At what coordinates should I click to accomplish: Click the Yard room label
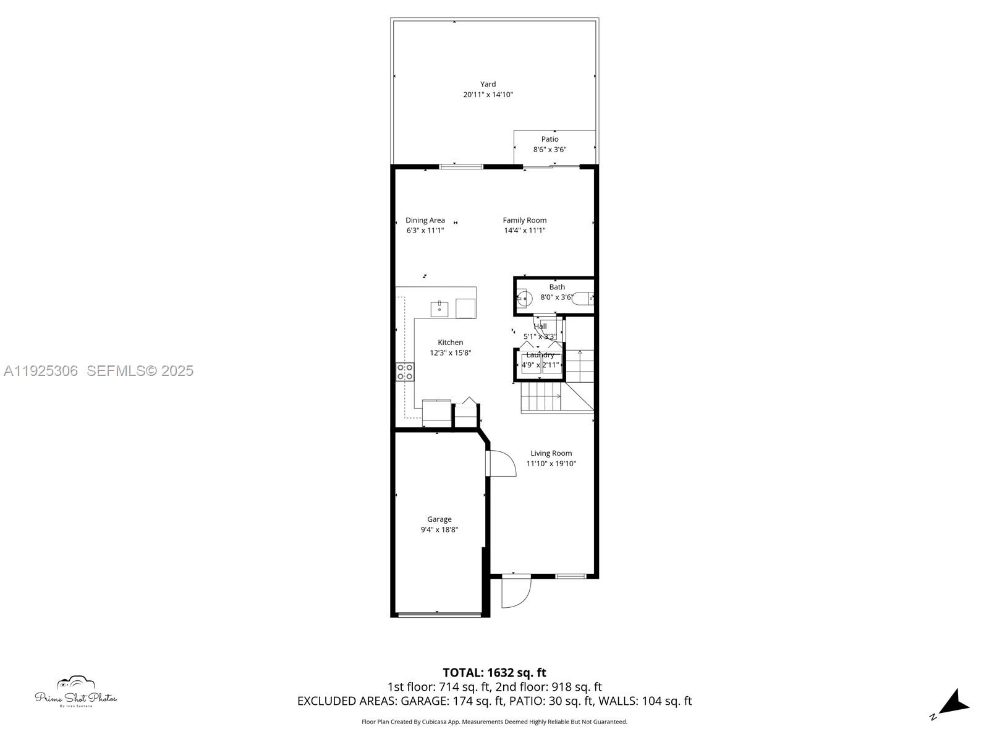pos(488,84)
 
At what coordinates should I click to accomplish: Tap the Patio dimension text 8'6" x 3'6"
pos(550,150)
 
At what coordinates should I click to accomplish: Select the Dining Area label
pos(425,220)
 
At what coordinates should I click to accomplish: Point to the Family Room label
pos(524,220)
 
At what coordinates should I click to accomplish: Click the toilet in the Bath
pos(582,299)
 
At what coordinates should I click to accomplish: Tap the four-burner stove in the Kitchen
pos(405,372)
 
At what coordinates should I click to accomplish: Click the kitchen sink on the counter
pos(439,308)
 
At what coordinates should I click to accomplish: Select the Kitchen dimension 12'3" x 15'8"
pos(451,353)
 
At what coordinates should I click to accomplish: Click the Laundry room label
pos(540,355)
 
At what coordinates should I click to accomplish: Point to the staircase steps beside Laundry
pos(541,396)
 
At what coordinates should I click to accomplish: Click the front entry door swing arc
pos(516,592)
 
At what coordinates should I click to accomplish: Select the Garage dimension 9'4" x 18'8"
pos(439,530)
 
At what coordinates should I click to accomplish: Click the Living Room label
pos(551,453)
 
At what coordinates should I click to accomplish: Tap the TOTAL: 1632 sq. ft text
pos(494,673)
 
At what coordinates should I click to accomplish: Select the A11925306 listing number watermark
pos(41,371)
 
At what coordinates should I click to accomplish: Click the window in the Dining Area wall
pos(461,166)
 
